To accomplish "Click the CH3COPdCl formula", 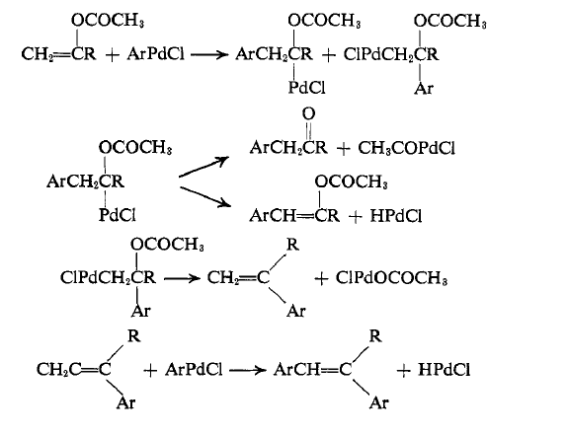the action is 406,148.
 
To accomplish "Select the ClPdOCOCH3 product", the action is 391,278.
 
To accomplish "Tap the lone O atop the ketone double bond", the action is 308,113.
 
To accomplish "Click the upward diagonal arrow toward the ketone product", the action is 203,167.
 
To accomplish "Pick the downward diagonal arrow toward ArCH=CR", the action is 205,197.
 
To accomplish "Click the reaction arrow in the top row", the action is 209,54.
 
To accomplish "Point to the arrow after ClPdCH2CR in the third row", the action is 182,278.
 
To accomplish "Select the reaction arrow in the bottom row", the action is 248,370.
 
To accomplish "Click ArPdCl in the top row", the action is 156,54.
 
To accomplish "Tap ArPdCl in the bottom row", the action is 194,370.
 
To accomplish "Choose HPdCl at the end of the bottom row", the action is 444,370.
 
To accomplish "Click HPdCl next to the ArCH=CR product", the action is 396,216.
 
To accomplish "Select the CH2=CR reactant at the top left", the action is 59,54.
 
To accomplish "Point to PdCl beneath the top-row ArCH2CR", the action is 306,88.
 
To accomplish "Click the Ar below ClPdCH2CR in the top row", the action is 424,88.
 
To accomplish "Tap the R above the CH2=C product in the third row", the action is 292,245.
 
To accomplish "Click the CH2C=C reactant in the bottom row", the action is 74,370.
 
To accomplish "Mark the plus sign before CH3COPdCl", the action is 344,148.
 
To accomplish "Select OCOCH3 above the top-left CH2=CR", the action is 108,21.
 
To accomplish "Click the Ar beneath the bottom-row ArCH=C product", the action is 379,402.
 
